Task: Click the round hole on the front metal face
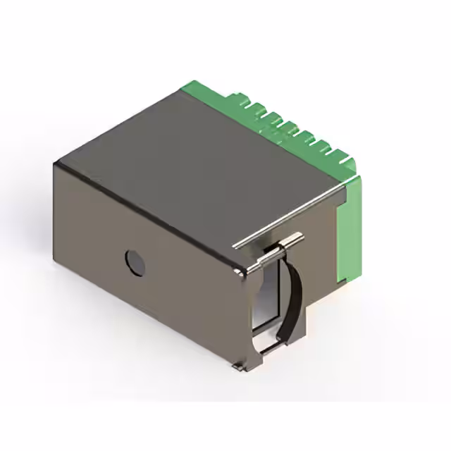tap(135, 262)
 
